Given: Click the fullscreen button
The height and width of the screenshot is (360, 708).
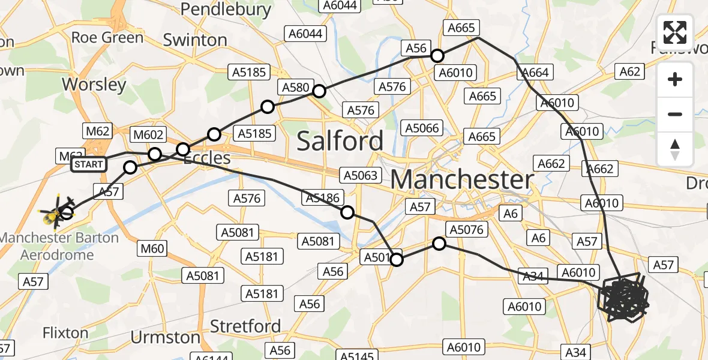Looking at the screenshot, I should pos(675,33).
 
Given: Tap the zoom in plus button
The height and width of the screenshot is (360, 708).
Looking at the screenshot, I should pos(675,79).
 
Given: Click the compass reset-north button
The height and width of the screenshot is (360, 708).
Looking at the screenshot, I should pos(675,149).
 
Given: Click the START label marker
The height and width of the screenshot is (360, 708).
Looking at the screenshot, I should pos(89,164).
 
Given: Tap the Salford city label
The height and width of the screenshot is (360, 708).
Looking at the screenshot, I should pos(340,141).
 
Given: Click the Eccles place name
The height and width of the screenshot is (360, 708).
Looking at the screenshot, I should pos(206,158).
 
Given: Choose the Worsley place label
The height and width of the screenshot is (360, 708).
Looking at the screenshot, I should pos(94,85).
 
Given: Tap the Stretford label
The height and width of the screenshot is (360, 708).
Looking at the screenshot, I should pos(245,326).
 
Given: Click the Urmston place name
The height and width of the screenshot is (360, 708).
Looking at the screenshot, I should pos(165,337).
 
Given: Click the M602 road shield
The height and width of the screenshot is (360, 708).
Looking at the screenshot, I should pos(147,135).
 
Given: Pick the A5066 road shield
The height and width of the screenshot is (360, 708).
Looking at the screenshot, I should pos(422,128).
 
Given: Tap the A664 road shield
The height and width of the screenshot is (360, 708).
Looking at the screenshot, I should pos(534,73).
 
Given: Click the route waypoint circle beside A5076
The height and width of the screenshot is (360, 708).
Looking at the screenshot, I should pos(439,244).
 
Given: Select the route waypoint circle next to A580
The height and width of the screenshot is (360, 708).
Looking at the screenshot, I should pos(319,91).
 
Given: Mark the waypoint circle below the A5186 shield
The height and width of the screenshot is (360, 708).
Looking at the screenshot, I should pos(347,212).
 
